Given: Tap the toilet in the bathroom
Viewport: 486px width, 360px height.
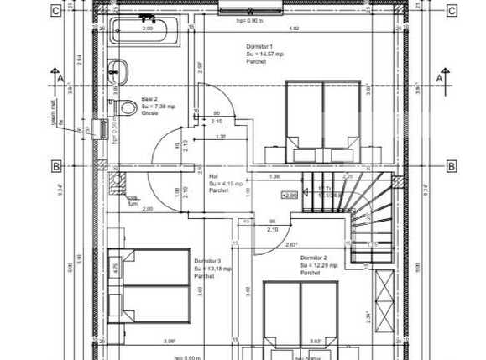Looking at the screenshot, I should [126, 107].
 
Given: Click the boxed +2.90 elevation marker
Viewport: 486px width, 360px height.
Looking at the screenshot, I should [289, 195].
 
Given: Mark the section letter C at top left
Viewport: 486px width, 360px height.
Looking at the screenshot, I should [55, 11].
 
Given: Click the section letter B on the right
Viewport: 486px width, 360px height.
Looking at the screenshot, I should [451, 165].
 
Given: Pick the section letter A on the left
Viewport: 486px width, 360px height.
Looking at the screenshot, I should [55, 77].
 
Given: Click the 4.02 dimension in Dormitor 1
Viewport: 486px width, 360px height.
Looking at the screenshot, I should [294, 29].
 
